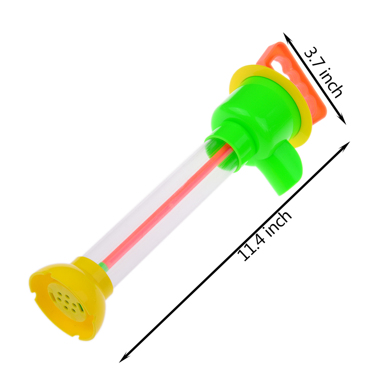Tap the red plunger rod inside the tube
coord(164,206)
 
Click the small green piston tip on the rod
coord(104,266)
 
